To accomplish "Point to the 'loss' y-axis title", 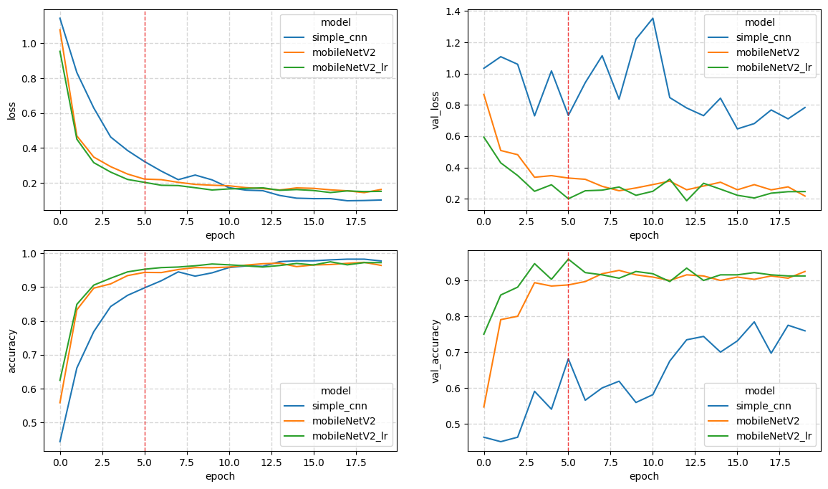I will pos(11,111).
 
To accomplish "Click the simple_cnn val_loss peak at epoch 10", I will pos(653,19).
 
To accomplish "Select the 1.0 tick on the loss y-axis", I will pos(29,44).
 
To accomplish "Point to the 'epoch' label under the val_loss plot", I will pos(643,235).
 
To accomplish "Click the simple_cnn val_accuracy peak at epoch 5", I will pos(568,359).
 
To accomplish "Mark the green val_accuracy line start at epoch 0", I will pos(484,334).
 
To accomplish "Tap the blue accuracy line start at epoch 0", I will pos(60,442).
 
